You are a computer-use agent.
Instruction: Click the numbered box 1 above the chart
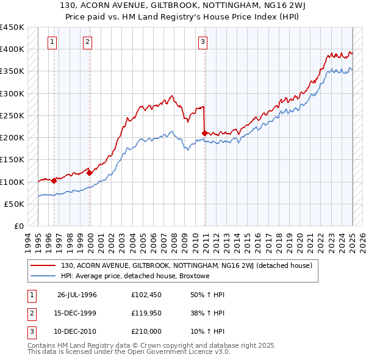[x=52, y=42]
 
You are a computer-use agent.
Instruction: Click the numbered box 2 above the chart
[x=88, y=42]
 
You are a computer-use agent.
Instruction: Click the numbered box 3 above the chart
[x=203, y=42]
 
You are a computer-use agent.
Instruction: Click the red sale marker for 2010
[x=204, y=132]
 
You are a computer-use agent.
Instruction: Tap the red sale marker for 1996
[x=54, y=180]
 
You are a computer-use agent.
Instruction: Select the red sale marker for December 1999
[x=90, y=173]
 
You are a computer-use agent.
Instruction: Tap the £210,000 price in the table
[x=146, y=331]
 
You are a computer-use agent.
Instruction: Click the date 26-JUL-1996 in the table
[x=77, y=295]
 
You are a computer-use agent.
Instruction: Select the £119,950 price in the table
[x=146, y=313]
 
